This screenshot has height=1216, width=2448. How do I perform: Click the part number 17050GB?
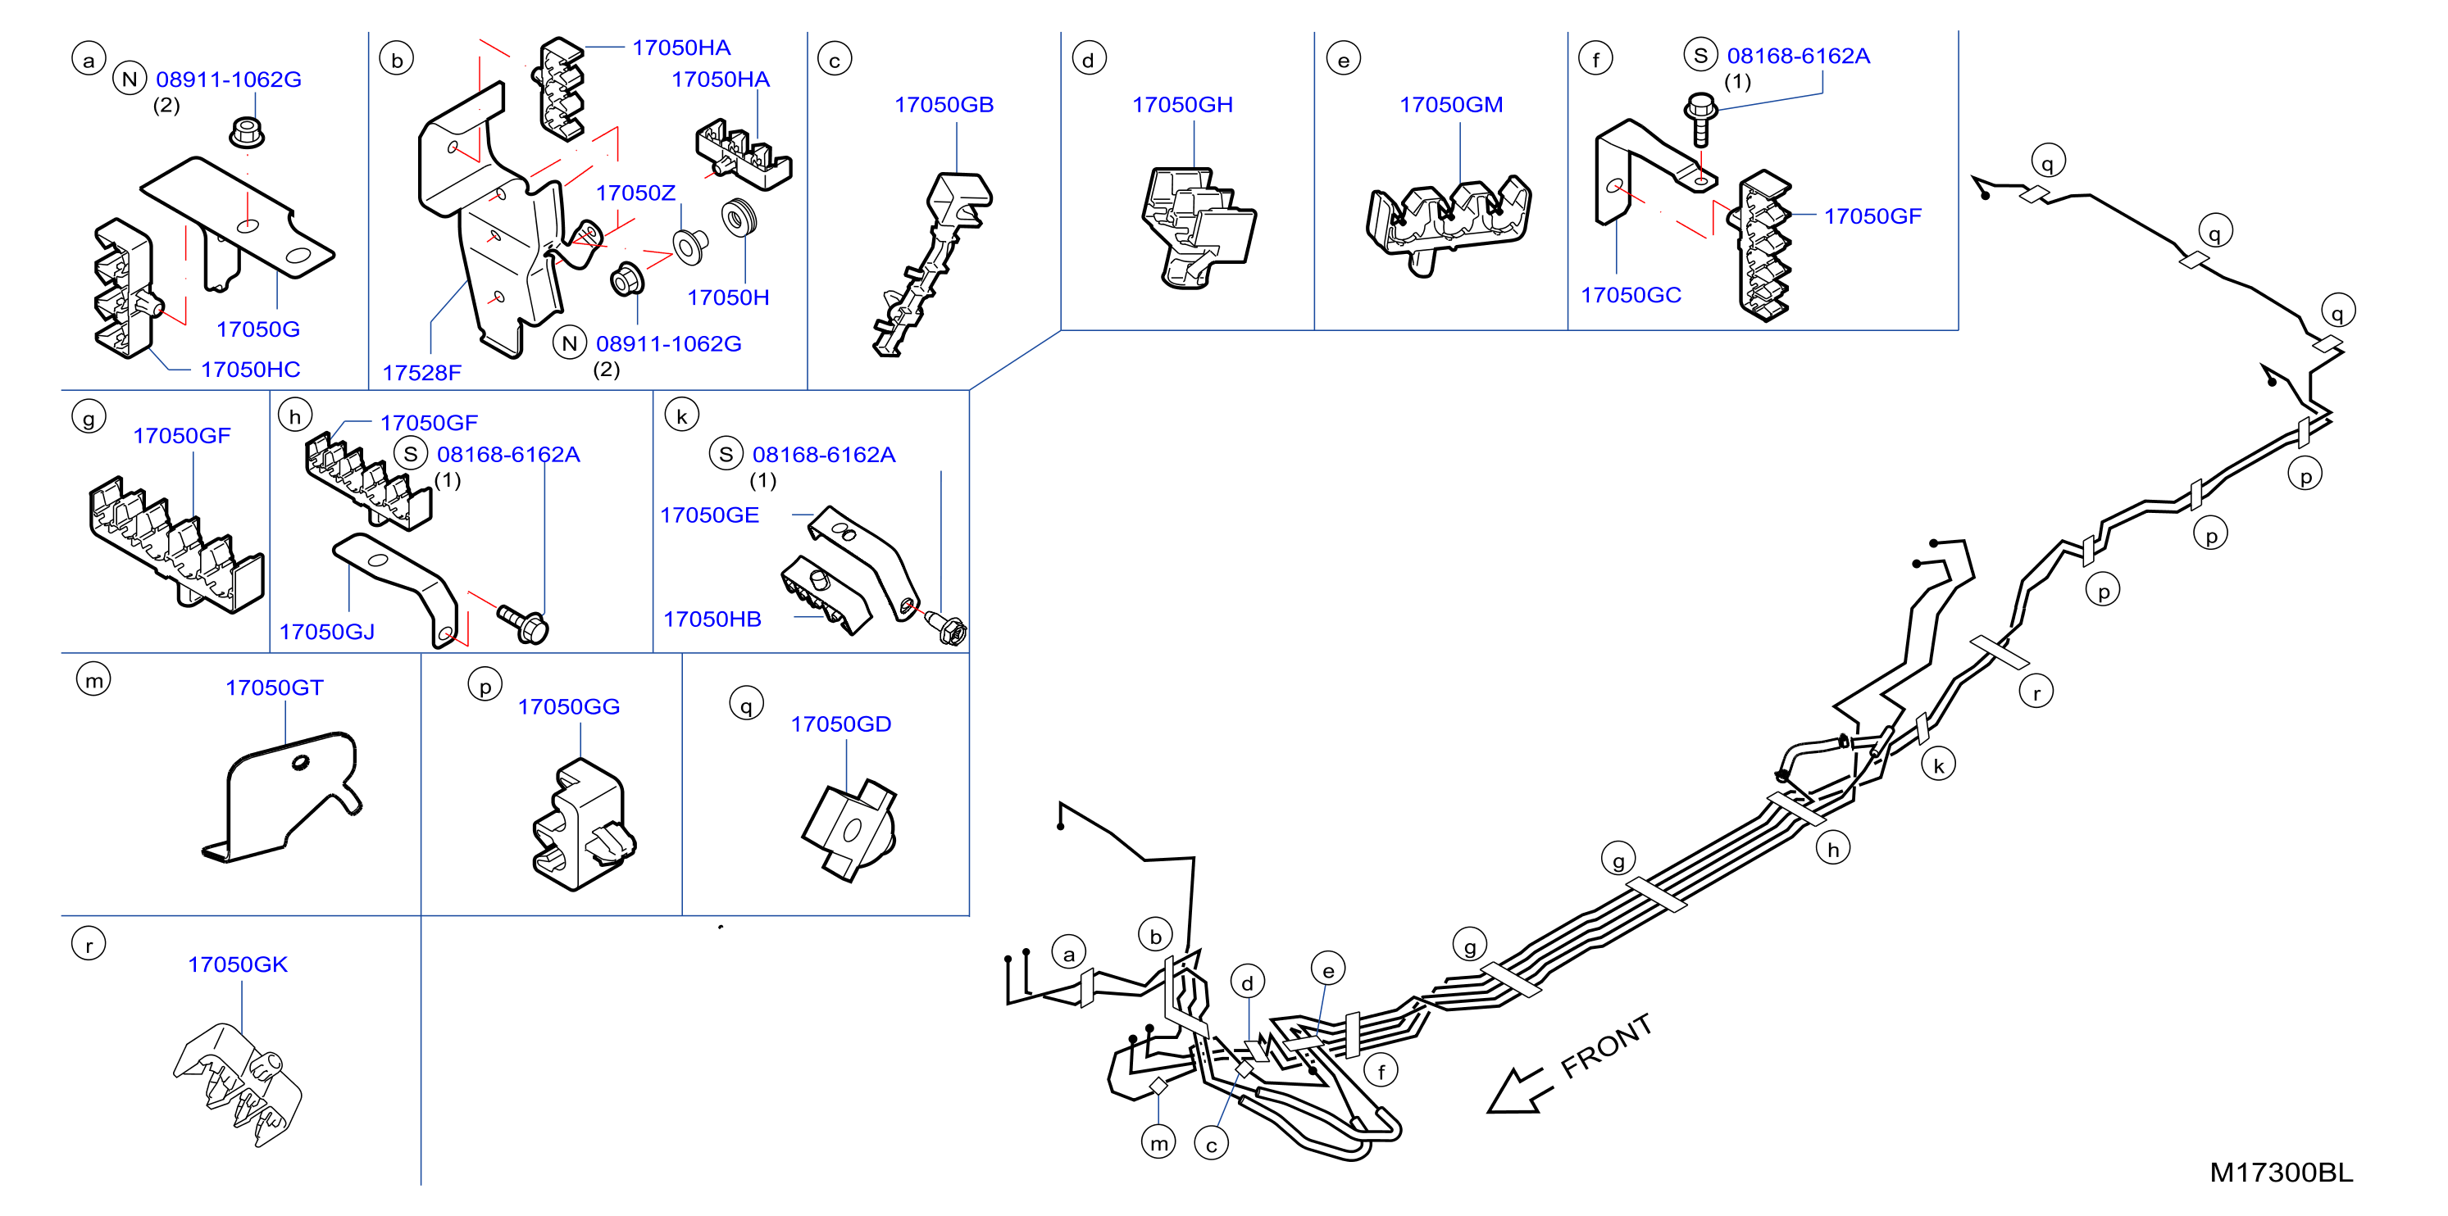[944, 105]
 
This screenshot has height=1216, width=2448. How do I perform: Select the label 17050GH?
[1182, 105]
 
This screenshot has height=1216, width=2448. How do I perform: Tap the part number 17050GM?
[1451, 105]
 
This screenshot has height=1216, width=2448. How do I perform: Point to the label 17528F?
[422, 372]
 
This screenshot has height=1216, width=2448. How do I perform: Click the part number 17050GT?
[275, 687]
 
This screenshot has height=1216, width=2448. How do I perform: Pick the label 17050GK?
[238, 964]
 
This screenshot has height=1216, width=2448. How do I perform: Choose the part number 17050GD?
[841, 724]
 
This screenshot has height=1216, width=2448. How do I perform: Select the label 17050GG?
[568, 707]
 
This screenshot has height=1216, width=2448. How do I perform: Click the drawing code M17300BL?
[2281, 1173]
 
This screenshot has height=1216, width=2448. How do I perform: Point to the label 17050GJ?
[327, 632]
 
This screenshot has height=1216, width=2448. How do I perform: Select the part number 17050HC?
[251, 370]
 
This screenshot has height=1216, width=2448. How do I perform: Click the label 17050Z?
[635, 193]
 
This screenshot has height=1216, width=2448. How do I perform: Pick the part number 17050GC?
[1631, 296]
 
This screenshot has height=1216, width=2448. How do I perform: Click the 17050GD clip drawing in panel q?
[849, 830]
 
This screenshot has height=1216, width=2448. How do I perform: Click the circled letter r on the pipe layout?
[2036, 692]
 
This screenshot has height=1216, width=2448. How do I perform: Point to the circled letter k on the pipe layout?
[1939, 765]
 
